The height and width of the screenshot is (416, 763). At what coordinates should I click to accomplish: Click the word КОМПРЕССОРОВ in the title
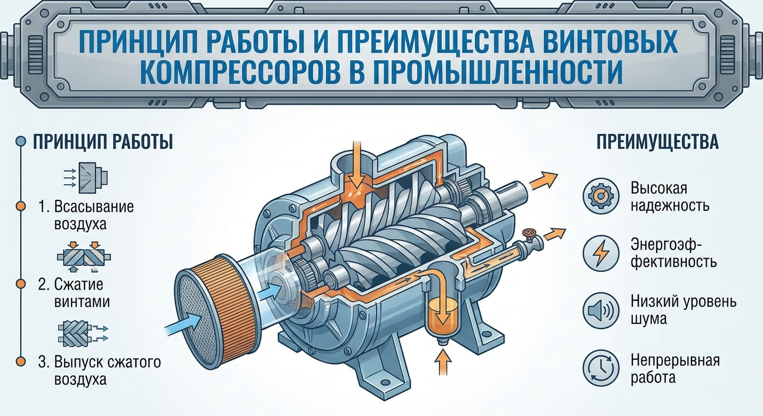click(240, 72)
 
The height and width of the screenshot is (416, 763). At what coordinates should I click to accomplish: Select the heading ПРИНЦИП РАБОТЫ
click(103, 142)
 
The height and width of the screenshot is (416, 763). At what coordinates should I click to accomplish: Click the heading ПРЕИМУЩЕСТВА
click(658, 142)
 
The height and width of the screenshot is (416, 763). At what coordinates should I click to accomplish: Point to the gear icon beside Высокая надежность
click(600, 196)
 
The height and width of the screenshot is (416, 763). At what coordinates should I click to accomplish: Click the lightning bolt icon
click(600, 253)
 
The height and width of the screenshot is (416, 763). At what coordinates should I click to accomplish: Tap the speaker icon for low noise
click(600, 310)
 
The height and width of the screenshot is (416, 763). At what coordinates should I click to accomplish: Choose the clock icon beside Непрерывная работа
click(600, 368)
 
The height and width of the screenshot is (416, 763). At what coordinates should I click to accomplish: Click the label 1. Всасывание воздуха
click(86, 216)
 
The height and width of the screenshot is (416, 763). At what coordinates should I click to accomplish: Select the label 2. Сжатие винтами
click(74, 292)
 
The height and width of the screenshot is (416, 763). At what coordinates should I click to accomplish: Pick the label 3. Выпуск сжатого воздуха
click(99, 370)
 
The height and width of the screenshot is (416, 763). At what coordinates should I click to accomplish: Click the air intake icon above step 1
click(86, 178)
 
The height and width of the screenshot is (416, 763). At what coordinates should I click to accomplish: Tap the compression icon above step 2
click(84, 257)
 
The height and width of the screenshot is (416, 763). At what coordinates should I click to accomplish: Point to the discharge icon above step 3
click(83, 333)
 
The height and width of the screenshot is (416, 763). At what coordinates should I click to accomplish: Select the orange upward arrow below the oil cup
click(443, 362)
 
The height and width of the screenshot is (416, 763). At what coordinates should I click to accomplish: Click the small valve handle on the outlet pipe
click(529, 232)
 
